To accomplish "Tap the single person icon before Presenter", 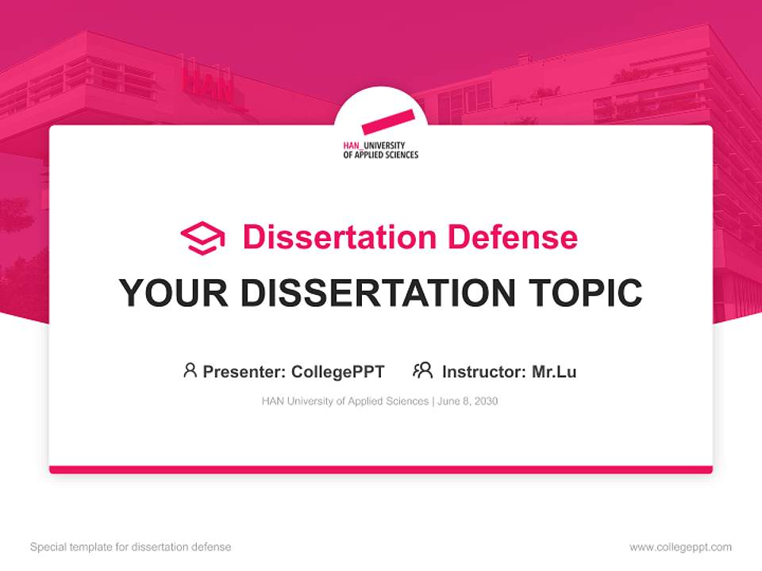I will pos(190,370).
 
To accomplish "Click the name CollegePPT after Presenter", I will pos(338,372).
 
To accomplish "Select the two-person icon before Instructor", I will pos(422,370).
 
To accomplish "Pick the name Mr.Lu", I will pos(554,372).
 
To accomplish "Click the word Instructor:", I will pos(483,372).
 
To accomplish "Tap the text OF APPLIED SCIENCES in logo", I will pos(380,155).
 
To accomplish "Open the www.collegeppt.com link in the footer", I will pos(680,547).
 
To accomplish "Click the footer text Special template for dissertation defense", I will pos(130,547).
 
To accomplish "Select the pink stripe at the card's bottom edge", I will pos(381,469).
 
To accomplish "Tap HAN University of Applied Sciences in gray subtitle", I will pos(344,401).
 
